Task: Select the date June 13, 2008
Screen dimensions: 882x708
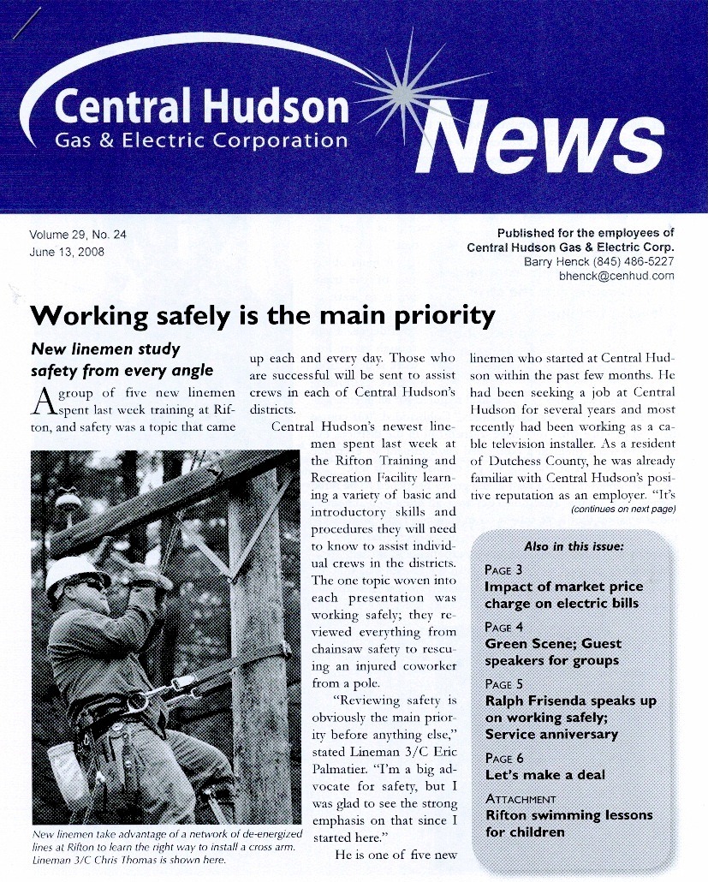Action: click(x=68, y=252)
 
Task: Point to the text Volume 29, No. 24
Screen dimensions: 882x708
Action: click(x=78, y=235)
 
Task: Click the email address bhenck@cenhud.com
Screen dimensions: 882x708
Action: click(x=616, y=276)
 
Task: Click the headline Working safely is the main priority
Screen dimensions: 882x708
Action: click(x=262, y=316)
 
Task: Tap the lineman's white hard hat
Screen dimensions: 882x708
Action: click(x=74, y=569)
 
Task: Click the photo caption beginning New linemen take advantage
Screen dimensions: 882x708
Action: click(x=166, y=847)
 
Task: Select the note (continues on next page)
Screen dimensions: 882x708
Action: click(x=622, y=510)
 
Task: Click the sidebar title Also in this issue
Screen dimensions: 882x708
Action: click(x=573, y=546)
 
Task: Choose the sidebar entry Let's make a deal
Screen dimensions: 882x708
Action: click(x=544, y=775)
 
